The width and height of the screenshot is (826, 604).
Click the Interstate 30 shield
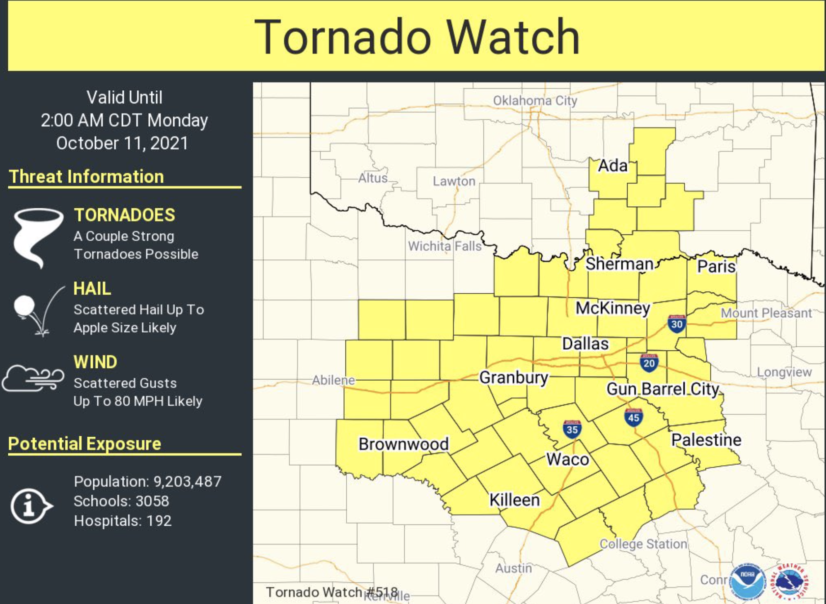point(676,324)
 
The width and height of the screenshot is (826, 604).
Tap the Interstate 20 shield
point(649,363)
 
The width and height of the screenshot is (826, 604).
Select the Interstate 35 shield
point(572,429)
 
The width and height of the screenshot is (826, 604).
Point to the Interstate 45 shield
point(633,417)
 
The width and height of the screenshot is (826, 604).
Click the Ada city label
point(613,166)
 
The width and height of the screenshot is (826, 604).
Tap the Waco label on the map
point(568,459)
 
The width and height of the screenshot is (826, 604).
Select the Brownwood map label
point(403,444)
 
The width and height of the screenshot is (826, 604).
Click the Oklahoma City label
point(535,101)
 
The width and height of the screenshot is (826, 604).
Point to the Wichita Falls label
point(444,246)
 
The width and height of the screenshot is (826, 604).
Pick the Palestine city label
point(706,440)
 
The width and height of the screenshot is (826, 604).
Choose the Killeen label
point(514,500)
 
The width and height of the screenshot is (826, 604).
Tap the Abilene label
point(333,380)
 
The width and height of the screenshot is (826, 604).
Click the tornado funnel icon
point(37,236)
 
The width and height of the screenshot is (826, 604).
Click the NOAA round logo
point(747,581)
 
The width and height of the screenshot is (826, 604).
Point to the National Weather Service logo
point(790,581)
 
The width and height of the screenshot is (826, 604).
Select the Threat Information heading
point(87,176)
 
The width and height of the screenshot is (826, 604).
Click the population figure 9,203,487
point(187,481)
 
